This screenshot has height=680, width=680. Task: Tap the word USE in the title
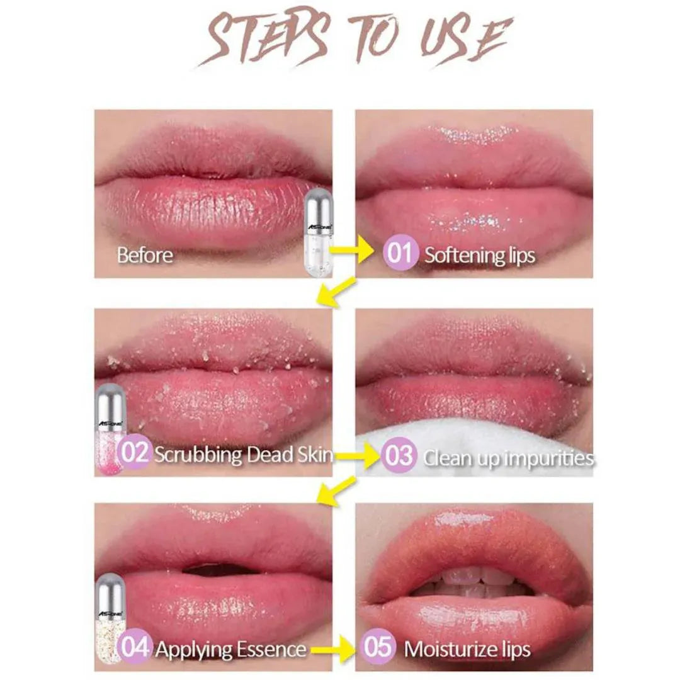(x=463, y=39)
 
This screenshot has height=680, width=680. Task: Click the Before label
(x=145, y=255)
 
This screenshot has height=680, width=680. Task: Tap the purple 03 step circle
(x=398, y=455)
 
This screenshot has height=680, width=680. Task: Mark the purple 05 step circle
(x=379, y=649)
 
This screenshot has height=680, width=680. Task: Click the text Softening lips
(x=480, y=255)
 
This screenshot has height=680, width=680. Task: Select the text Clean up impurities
(x=507, y=457)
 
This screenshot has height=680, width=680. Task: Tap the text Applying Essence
(x=230, y=649)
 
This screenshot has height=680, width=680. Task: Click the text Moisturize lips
(x=467, y=649)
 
